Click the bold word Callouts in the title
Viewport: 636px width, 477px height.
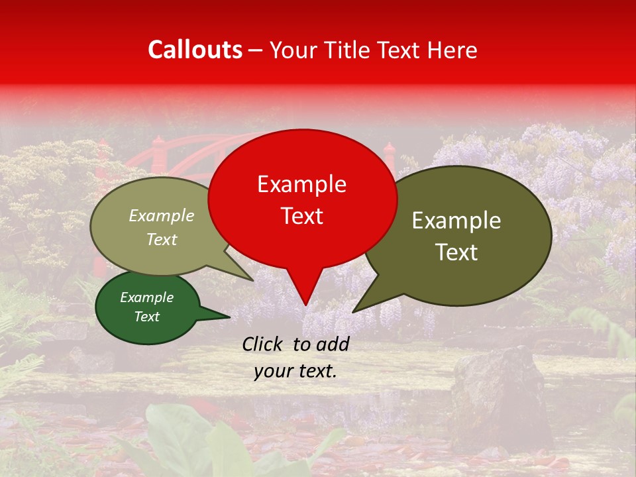coord(195,50)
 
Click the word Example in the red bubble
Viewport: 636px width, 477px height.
coord(301,184)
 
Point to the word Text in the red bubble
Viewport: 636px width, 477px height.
coord(301,216)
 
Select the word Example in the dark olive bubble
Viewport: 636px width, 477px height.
coord(456,221)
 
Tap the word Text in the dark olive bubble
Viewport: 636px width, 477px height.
coord(456,252)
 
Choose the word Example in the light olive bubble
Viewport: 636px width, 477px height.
coord(162,215)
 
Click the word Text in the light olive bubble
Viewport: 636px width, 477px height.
coord(162,239)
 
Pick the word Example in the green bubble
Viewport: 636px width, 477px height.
coord(146,297)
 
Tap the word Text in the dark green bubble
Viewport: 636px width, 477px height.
coord(146,317)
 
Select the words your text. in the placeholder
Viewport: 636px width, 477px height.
coord(295,372)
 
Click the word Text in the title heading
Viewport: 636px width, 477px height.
coord(399,50)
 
